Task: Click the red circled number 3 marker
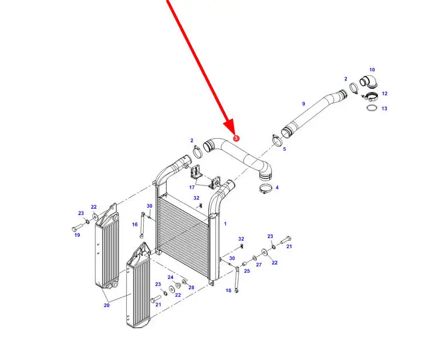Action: [x=236, y=138]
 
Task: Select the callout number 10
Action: [x=372, y=70]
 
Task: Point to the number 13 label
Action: [x=385, y=108]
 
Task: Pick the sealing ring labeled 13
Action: [x=372, y=107]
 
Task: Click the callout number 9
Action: [x=304, y=104]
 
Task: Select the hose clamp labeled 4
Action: [x=265, y=188]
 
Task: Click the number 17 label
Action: [x=192, y=188]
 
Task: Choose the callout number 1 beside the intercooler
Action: [x=225, y=224]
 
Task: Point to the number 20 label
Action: [x=107, y=305]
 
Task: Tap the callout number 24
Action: [x=171, y=277]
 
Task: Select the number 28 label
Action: [x=191, y=288]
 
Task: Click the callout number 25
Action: [x=247, y=271]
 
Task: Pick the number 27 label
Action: [x=259, y=265]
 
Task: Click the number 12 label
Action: [x=385, y=94]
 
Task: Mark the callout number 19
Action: [x=77, y=235]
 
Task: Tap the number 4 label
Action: [x=277, y=188]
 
